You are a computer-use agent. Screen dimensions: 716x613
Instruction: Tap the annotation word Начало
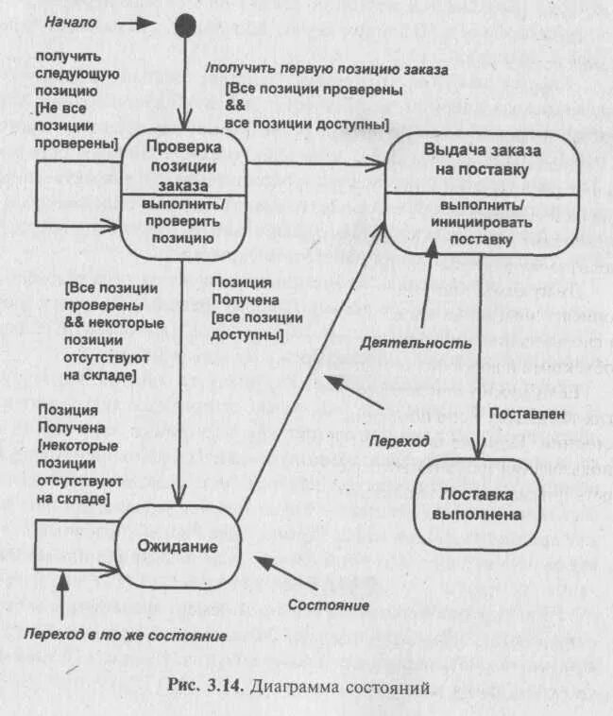coord(71,22)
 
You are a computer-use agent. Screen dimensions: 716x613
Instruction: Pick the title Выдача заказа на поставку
coord(483,160)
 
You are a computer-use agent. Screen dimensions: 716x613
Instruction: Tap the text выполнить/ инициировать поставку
coord(482,223)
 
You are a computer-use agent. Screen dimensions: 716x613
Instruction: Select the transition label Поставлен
coord(527,413)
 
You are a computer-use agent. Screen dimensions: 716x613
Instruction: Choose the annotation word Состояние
coord(328,605)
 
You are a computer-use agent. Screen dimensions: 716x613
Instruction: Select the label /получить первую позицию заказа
coord(327,70)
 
